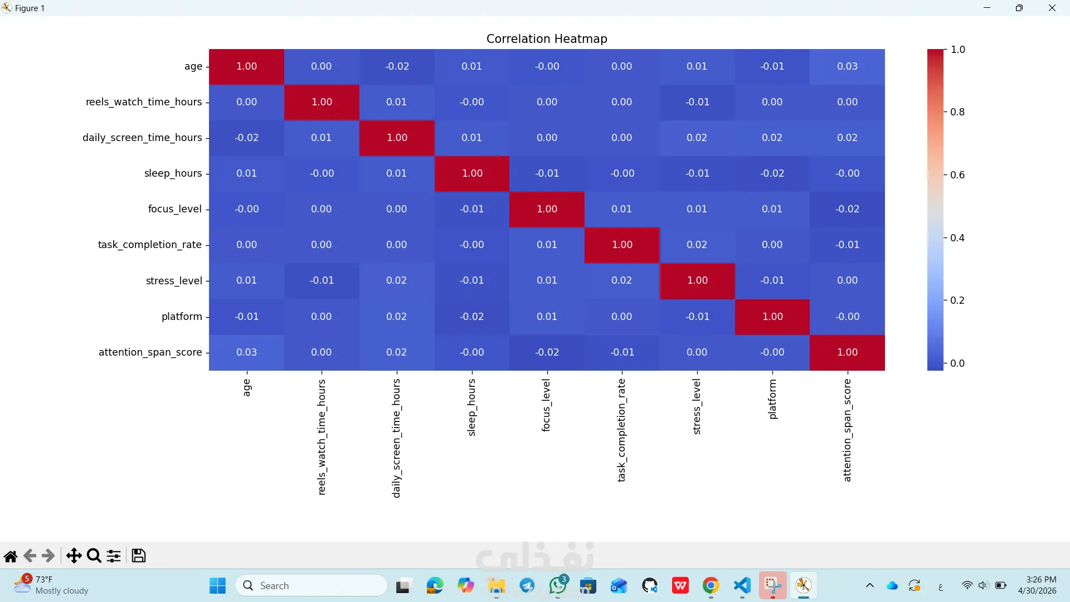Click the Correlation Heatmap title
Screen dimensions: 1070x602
click(547, 38)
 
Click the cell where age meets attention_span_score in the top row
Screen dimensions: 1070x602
click(847, 66)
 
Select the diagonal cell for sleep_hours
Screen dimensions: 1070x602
click(472, 173)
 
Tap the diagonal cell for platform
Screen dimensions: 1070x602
click(772, 317)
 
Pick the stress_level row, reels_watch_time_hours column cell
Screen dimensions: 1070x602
click(322, 280)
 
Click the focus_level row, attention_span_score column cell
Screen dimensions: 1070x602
click(847, 209)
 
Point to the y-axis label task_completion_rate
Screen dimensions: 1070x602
click(150, 245)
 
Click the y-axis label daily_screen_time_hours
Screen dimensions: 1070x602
click(142, 138)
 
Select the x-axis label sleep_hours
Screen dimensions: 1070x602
click(471, 407)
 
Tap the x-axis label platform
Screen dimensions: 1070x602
click(772, 399)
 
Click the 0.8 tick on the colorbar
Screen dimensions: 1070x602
click(957, 112)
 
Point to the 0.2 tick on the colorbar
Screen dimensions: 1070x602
click(957, 300)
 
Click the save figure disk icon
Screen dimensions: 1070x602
click(138, 556)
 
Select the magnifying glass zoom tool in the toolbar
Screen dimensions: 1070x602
click(94, 556)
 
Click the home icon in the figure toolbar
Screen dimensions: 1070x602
click(11, 556)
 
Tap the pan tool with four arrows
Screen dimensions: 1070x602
click(74, 556)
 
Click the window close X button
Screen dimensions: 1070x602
click(1052, 8)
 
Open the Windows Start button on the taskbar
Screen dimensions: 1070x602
click(217, 586)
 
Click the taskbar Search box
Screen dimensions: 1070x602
click(311, 586)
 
